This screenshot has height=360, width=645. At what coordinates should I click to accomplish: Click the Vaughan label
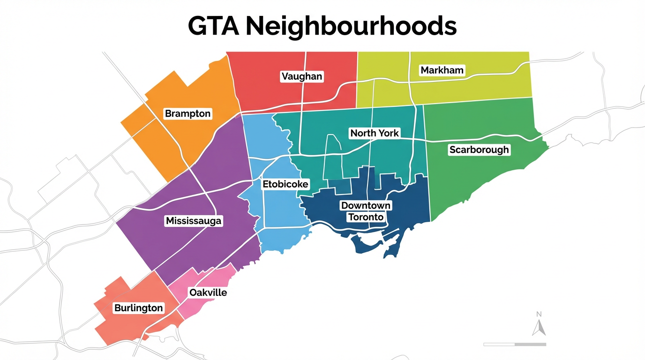(x=302, y=76)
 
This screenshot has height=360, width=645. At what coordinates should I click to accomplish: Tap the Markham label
(x=442, y=70)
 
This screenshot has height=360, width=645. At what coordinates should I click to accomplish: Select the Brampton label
(x=188, y=113)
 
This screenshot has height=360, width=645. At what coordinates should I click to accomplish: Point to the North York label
(x=375, y=133)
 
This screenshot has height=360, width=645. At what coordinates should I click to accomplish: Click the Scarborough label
(x=479, y=150)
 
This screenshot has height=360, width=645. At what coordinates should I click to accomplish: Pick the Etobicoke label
(x=285, y=184)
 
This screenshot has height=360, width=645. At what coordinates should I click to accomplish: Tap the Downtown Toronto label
(x=366, y=211)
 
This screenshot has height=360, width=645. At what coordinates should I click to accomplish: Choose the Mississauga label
(x=194, y=221)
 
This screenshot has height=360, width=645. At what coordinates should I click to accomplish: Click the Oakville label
(x=208, y=292)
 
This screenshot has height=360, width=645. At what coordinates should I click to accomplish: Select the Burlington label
(x=139, y=308)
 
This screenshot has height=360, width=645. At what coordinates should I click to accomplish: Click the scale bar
(x=514, y=345)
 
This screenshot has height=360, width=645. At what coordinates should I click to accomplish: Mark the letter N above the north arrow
(x=539, y=314)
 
